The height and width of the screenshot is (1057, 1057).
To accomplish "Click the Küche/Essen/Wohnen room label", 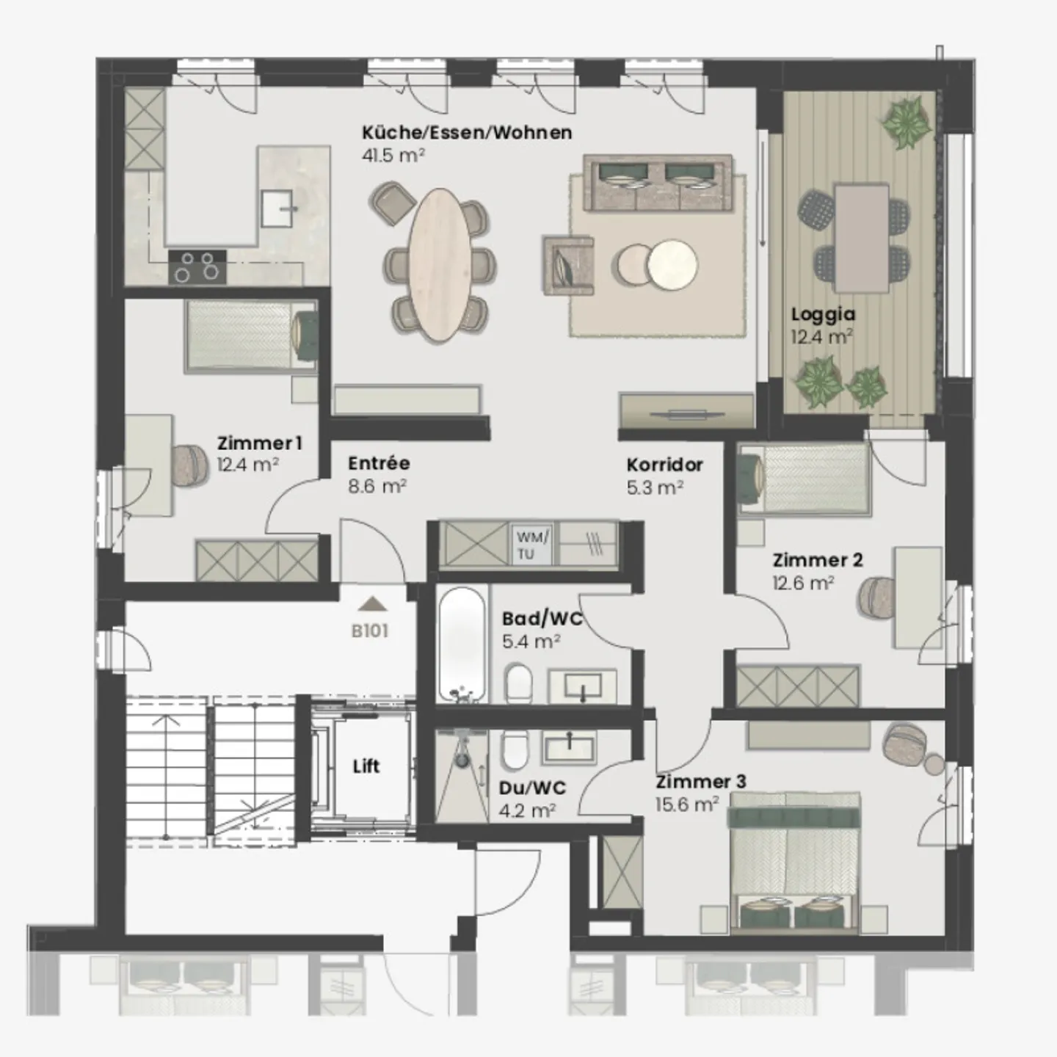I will coord(466,133).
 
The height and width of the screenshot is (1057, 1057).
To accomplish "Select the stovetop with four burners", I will coord(197,267).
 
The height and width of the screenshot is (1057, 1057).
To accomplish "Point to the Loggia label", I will coord(823,314).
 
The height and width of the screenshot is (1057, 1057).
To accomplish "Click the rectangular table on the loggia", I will coord(862,237).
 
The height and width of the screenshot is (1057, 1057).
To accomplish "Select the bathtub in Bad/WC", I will coord(462,644).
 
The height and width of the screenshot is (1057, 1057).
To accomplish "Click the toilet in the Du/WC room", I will coord(515,751).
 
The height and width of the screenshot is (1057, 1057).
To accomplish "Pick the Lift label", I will coord(366,766).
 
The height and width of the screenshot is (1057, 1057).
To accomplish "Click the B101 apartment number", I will coord(369,631).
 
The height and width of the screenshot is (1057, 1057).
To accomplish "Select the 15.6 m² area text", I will coord(686,804).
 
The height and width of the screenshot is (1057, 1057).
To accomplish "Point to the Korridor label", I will coord(664,465).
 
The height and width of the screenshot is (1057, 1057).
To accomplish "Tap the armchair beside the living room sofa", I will coord(567,265).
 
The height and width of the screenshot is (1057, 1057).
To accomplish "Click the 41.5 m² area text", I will coord(393,155).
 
